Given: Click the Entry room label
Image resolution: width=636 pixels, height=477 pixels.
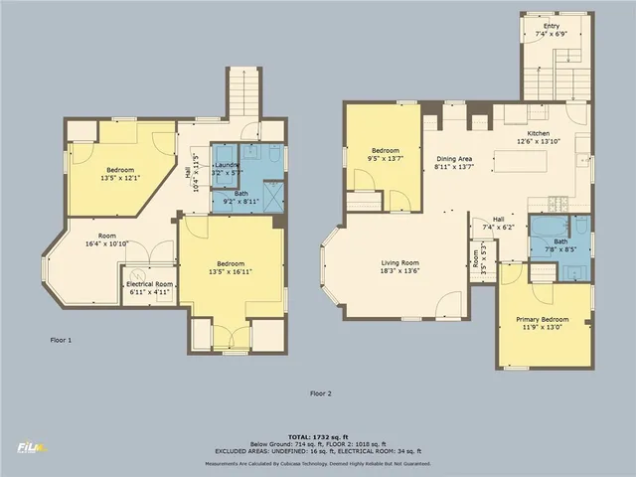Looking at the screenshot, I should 551,30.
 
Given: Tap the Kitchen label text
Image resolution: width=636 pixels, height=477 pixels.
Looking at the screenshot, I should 538,137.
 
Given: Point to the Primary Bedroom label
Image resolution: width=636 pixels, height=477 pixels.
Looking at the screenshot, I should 542,323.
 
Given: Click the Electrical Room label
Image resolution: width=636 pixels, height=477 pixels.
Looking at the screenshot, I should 150,288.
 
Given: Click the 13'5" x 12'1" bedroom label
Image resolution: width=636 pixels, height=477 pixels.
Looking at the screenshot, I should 120,175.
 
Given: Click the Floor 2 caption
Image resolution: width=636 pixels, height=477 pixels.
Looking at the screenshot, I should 319,394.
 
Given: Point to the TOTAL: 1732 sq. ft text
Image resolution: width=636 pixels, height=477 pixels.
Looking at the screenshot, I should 318,437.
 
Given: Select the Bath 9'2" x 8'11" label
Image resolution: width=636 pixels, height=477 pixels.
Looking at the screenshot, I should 241,197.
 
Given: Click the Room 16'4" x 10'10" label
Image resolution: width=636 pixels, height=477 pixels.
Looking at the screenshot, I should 106,240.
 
